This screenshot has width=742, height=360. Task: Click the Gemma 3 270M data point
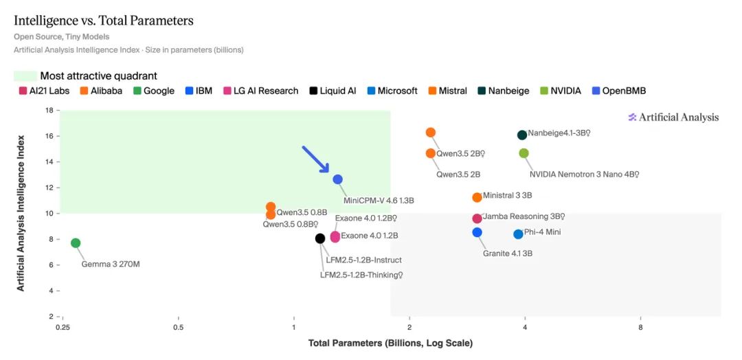coord(76,243)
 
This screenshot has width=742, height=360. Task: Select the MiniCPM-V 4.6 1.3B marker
coord(337,179)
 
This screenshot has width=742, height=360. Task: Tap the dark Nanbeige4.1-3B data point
coord(522,135)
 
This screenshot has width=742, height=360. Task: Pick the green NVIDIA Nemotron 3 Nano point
coord(524,153)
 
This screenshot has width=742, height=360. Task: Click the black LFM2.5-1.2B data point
coord(320,238)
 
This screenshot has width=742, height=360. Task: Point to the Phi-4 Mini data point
coord(518,234)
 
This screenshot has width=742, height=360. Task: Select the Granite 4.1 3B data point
coord(477,232)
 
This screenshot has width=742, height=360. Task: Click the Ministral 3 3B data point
coord(477,197)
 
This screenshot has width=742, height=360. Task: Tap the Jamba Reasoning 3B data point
coord(477,218)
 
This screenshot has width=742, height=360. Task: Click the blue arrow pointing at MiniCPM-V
coord(315,159)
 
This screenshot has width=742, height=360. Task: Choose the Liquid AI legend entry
coord(333,91)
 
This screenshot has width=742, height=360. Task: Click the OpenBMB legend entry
coord(619,91)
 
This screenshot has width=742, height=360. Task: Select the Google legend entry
coord(154,91)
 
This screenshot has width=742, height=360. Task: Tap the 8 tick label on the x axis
coord(640,327)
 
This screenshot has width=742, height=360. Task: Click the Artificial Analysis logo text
coord(673,117)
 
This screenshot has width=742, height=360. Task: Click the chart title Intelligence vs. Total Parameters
coord(104,21)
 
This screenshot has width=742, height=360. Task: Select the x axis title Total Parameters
coord(390,343)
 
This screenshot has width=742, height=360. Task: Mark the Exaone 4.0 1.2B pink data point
coord(335,236)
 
